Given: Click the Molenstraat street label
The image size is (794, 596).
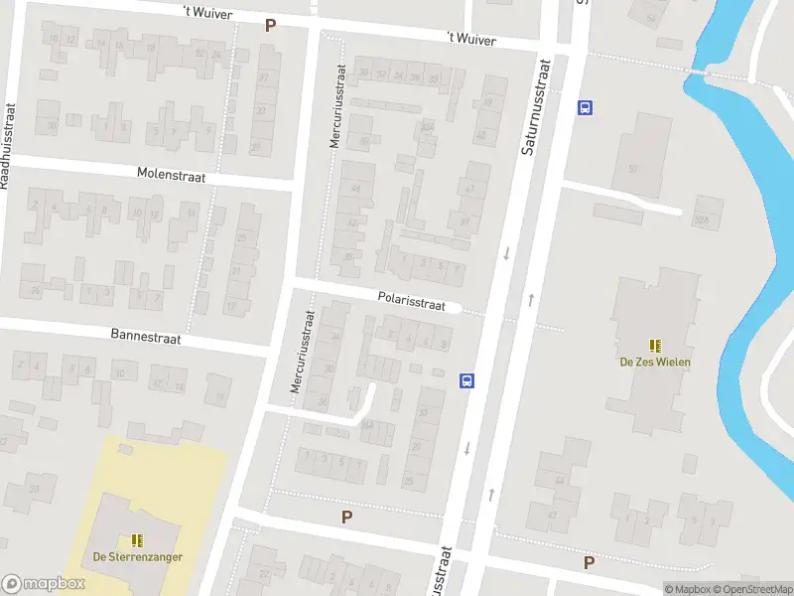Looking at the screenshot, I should click(171, 174).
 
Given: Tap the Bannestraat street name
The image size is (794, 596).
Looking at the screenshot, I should click(146, 338).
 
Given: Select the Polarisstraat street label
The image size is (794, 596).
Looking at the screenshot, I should click(411, 299).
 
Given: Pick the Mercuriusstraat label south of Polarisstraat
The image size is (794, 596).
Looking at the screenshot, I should click(302, 352).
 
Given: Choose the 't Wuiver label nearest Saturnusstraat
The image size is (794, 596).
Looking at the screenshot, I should click(470, 39).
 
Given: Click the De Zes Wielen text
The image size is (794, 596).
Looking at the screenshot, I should click(655, 362).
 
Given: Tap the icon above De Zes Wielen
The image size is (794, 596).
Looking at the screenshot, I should click(655, 345).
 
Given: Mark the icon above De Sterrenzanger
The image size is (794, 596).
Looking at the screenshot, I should click(137, 539).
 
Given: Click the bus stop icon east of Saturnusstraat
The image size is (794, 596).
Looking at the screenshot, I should click(586, 108).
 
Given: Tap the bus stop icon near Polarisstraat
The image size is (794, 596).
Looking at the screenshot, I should click(465, 379).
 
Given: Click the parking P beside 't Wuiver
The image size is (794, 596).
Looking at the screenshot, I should click(270, 25).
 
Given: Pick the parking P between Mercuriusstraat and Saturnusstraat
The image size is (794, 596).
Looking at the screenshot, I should click(346, 517).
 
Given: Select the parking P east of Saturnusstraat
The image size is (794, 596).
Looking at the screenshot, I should click(589, 562).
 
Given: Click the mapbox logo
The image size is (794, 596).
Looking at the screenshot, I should click(43, 584).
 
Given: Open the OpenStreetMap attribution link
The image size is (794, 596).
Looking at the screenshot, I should click(750, 589).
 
